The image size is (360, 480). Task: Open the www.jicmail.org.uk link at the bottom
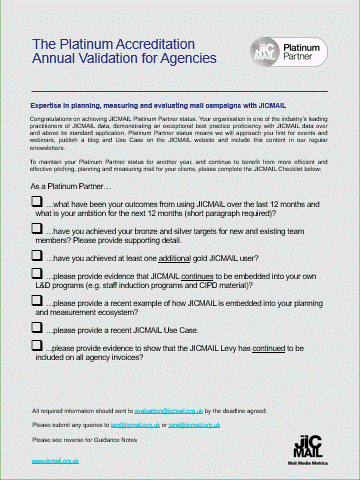56,464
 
